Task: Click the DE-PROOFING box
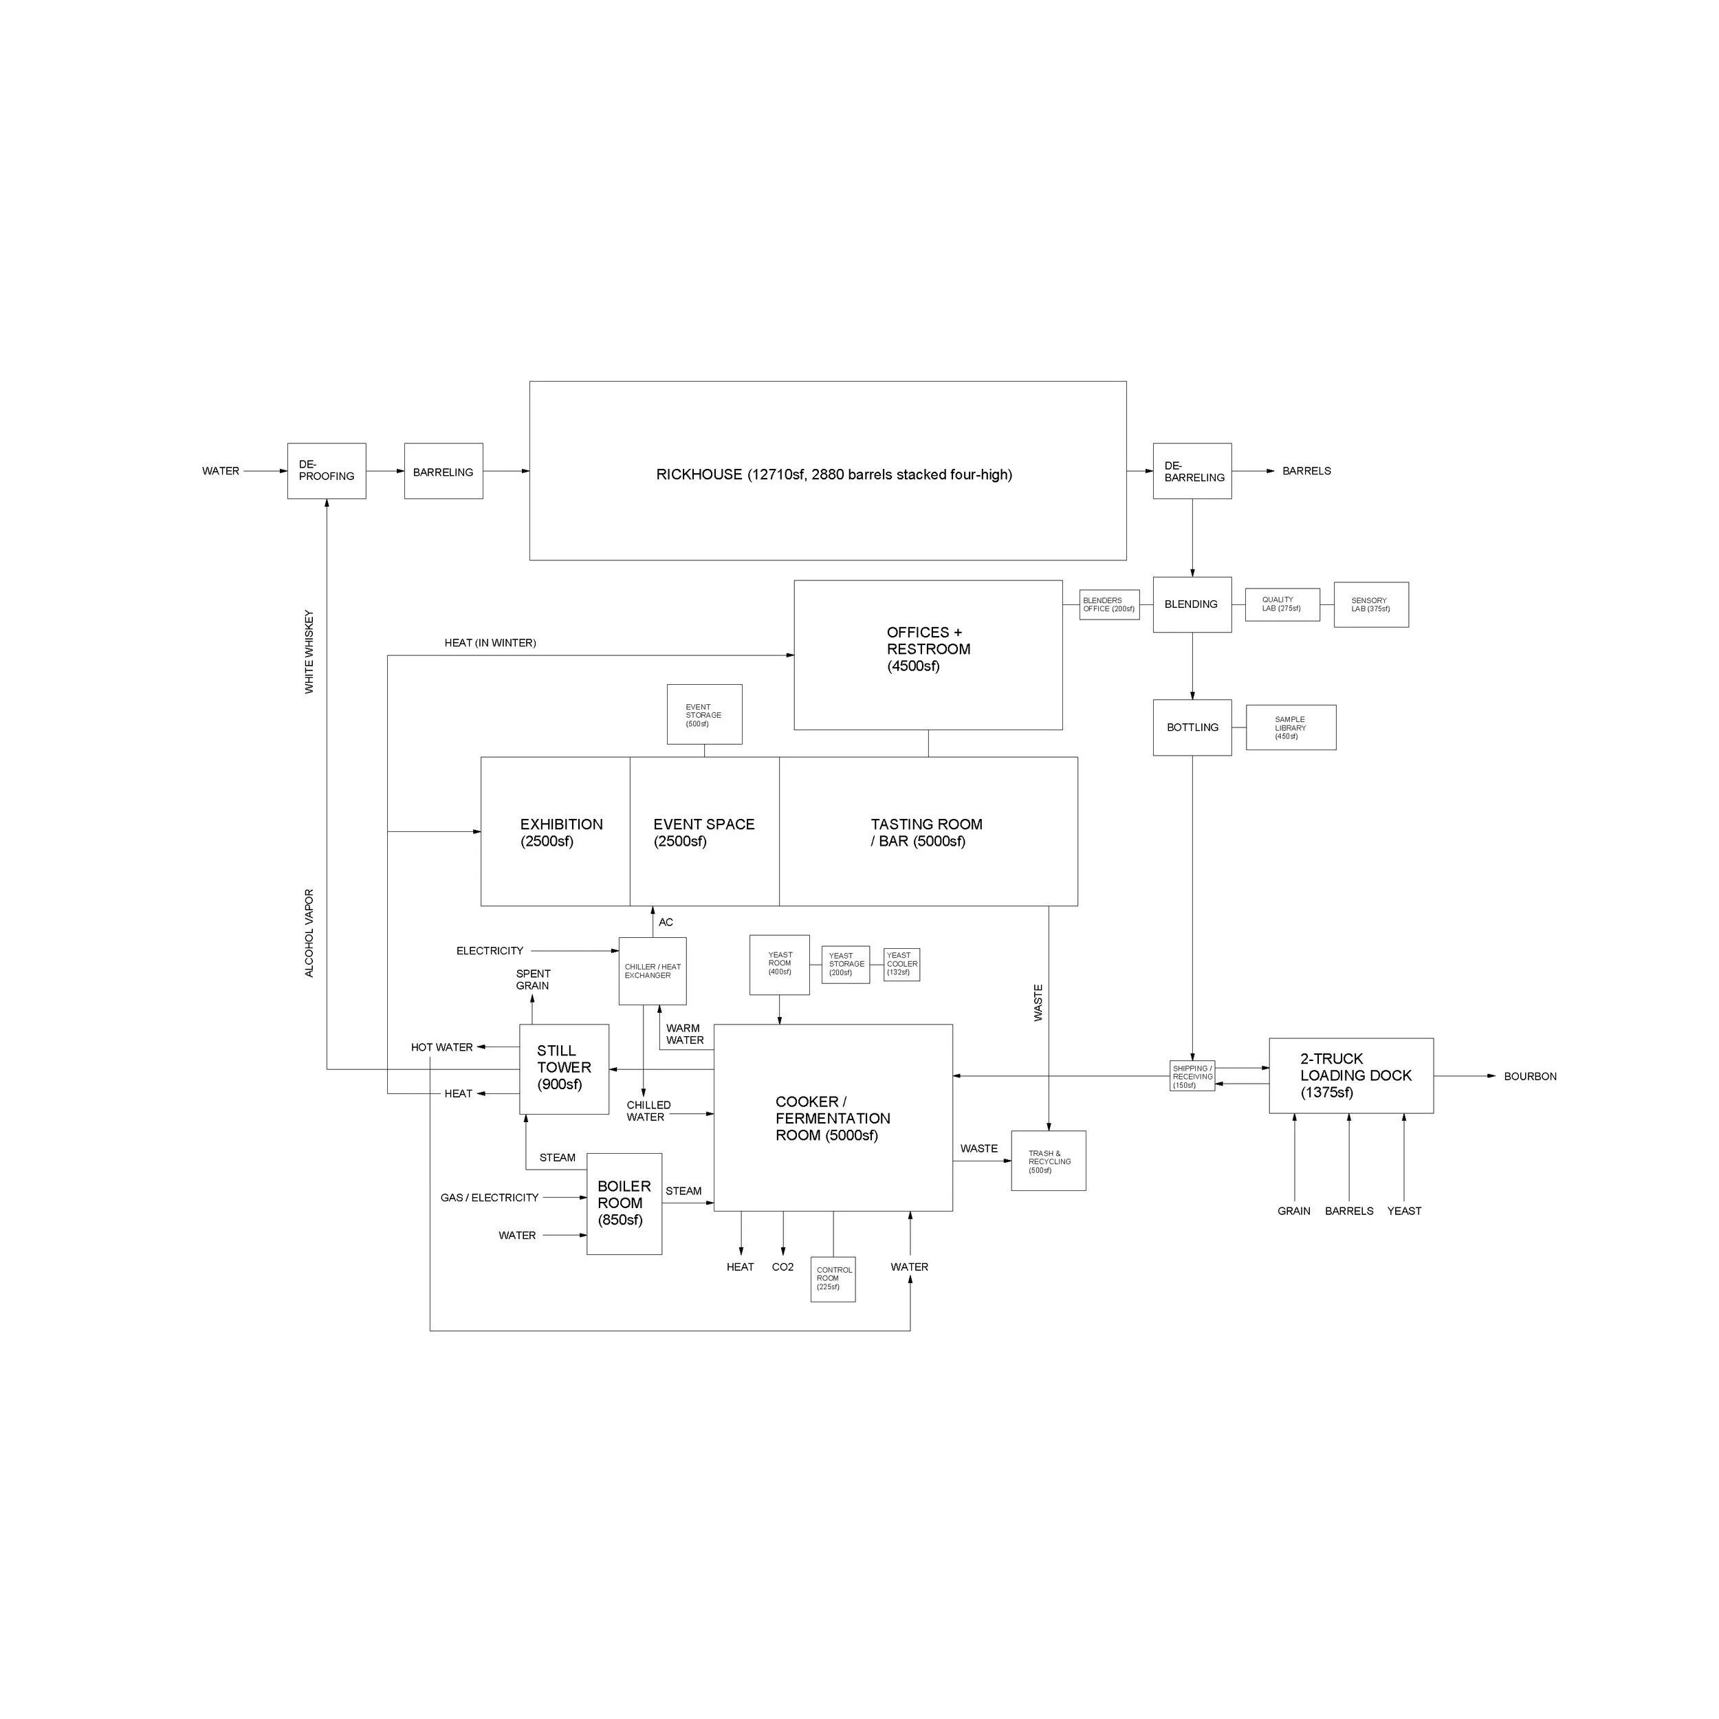327,471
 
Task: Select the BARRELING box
443,471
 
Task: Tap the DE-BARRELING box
1192,471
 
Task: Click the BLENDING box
1192,604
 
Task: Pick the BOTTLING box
1192,727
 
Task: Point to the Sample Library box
1290,727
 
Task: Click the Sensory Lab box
1370,605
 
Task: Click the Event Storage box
704,714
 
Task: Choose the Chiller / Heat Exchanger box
652,971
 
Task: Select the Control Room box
833,1278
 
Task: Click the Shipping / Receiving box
1192,1075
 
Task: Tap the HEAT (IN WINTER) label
490,642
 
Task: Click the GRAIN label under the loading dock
1293,1211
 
